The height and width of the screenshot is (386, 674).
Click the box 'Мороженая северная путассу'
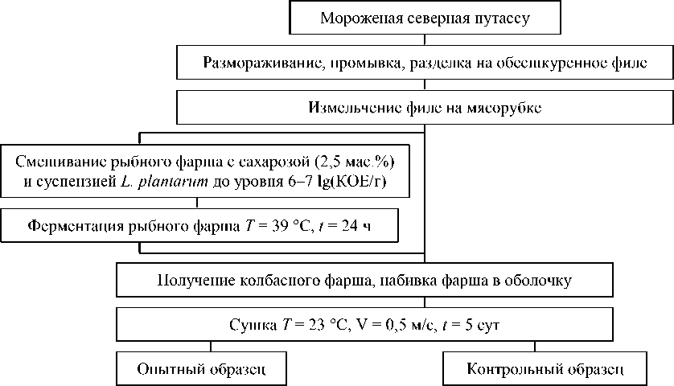click(425, 18)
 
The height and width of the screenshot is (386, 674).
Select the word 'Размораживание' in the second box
click(253, 63)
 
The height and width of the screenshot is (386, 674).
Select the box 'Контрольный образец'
click(545, 370)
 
